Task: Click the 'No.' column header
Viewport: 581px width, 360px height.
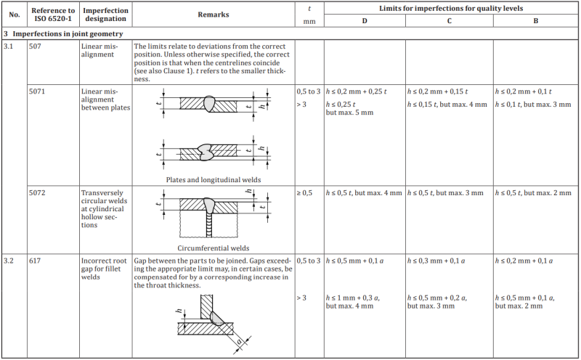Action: [x=15, y=15]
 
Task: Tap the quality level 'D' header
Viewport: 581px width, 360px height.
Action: [x=365, y=21]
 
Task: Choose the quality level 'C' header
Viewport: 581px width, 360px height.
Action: [x=450, y=21]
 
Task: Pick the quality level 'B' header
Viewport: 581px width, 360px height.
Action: [x=536, y=21]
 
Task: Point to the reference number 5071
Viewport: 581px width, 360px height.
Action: [x=38, y=91]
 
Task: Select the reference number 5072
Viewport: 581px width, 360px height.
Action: [x=38, y=192]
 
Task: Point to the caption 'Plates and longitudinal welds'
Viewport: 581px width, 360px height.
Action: [x=213, y=179]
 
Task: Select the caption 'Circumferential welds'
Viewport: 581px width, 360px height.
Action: [x=213, y=247]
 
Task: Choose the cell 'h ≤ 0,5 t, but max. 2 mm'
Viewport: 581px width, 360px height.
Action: [x=535, y=192]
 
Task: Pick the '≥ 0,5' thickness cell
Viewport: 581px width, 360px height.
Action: [x=305, y=192]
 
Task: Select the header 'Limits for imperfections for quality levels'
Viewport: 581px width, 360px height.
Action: [x=451, y=8]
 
